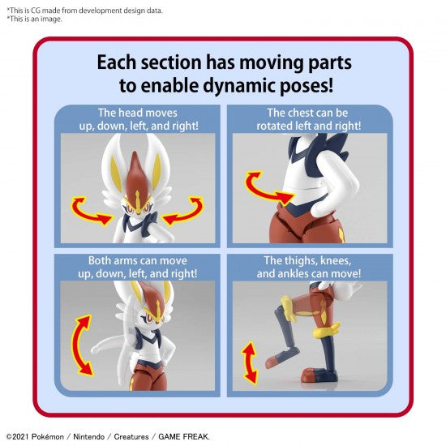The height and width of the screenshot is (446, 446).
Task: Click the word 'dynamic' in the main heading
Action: coord(240,85)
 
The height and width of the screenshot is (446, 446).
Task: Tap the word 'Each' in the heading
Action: coord(117,62)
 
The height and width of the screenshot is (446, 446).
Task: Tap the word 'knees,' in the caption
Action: coord(336,261)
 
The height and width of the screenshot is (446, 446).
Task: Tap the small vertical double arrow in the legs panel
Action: coord(250,363)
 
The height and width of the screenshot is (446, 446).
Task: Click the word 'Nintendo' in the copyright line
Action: coord(88,436)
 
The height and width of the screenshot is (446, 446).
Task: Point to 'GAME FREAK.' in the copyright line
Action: coord(184,436)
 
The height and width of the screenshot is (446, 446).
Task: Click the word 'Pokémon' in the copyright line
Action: coord(48,436)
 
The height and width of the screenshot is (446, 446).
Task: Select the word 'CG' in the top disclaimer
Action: coord(36,11)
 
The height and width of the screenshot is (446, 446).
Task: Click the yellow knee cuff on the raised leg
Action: coord(288,308)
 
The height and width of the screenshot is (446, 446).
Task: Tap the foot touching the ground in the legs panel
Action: coord(319,375)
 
